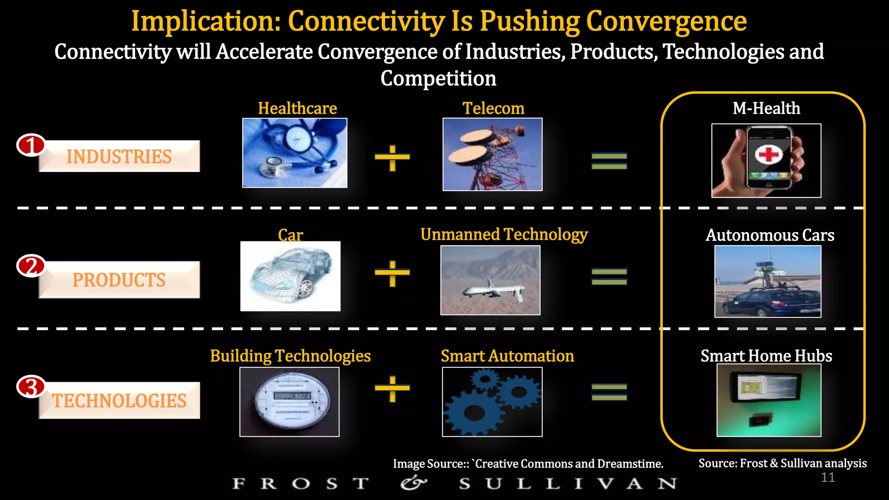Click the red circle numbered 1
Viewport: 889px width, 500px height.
coord(31,145)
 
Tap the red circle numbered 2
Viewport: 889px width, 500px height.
coord(31,266)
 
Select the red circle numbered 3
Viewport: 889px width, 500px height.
coord(31,386)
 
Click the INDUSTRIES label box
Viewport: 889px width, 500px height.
coord(119,157)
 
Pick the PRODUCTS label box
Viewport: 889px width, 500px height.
coord(119,280)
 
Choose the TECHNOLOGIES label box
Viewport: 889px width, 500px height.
coord(119,401)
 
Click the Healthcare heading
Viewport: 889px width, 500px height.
coord(297,108)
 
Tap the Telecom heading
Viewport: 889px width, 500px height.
coord(493,108)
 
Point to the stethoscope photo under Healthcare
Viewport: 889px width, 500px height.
coord(295,153)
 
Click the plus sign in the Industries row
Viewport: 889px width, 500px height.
coord(392,158)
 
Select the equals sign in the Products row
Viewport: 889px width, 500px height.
coord(609,276)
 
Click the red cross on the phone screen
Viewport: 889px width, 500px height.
coord(768,154)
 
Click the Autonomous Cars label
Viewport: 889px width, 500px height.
coord(770,235)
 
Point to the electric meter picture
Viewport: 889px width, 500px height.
coord(290,402)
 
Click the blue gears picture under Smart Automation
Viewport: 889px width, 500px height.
coord(492,402)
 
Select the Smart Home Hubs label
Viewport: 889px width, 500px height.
coord(766,356)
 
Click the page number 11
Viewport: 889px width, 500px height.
coord(828,477)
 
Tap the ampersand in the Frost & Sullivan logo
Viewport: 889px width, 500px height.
coord(413,483)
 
